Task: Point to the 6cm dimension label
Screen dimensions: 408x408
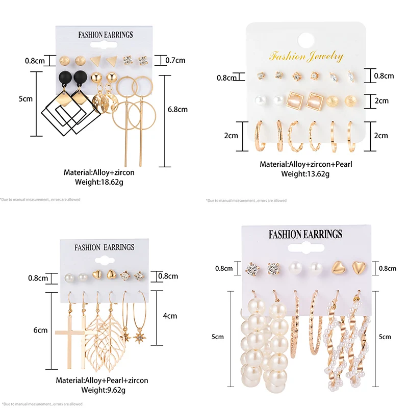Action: pos(40,330)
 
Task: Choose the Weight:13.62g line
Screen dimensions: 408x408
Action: pos(306,174)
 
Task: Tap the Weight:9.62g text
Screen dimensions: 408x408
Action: pos(104,391)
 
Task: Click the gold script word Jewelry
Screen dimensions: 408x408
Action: pos(324,56)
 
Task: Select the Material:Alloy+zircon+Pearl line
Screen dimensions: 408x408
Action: pos(306,164)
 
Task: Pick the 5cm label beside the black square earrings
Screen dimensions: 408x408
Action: pos(25,99)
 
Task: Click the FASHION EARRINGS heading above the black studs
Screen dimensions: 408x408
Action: pos(105,35)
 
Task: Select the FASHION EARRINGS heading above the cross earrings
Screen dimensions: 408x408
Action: pos(105,247)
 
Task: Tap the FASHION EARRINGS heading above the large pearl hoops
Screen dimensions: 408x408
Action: pos(305,234)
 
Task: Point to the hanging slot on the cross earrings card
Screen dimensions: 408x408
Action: pos(105,259)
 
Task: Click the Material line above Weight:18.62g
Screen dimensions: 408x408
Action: pos(99,172)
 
